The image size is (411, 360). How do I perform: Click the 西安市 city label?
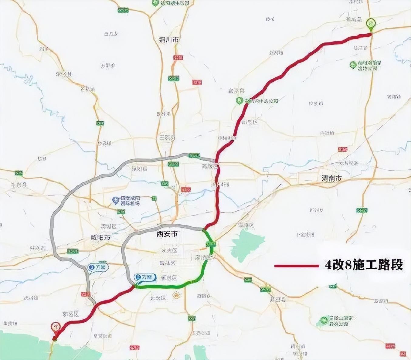coord(167,234)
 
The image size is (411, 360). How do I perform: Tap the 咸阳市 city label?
coord(100,238)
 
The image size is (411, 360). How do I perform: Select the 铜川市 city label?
coord(169,40)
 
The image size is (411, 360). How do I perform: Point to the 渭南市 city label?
coord(331,179)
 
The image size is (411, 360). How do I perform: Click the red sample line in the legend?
coord(296,266)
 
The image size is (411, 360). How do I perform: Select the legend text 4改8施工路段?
coord(364,265)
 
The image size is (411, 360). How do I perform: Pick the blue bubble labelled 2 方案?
coord(145,277)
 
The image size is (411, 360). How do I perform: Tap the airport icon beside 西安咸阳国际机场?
coord(116,200)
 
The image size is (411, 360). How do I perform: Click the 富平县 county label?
coord(236,91)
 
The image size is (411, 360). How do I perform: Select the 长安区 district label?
coord(158,298)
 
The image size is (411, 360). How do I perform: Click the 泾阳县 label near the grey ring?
coord(139,169)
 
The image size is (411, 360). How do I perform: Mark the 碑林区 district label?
coord(167,263)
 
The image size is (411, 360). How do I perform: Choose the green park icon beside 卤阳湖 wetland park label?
coord(353,65)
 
